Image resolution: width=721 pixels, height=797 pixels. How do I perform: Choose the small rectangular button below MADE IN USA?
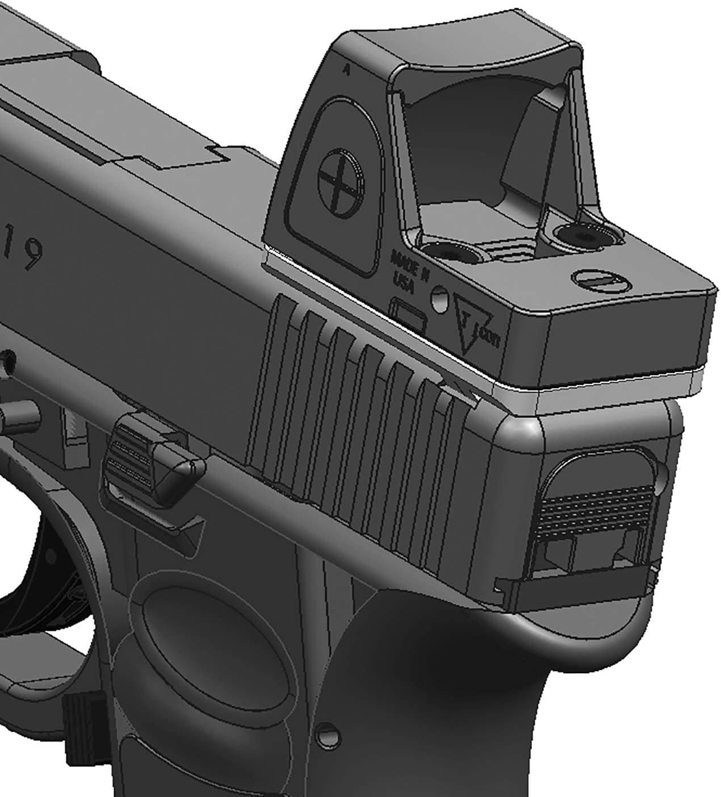408,315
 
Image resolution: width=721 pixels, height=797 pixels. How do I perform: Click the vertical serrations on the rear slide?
363,398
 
